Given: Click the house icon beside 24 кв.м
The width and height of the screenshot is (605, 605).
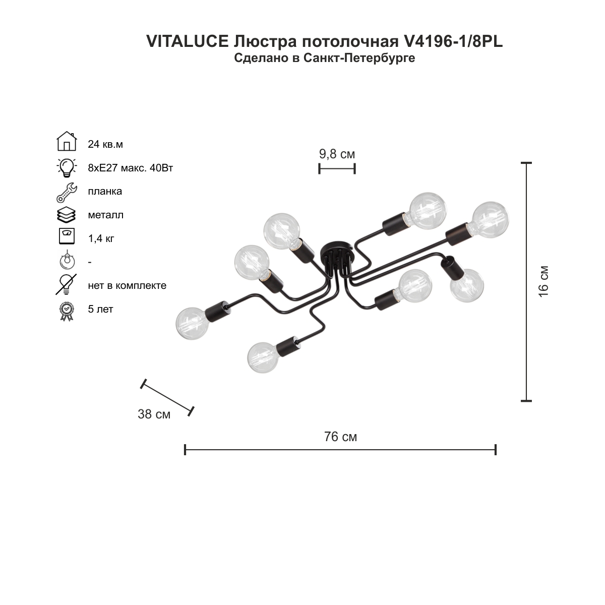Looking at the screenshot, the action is point(67,141).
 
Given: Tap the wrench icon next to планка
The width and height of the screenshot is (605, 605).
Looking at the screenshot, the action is point(67,193).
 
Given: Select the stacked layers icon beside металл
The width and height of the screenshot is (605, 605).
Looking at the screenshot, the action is point(66,215).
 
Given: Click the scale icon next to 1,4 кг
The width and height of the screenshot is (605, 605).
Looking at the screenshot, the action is point(67,236).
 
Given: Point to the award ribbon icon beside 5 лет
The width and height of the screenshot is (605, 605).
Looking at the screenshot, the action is point(67,312).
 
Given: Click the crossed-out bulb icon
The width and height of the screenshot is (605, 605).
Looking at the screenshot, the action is point(66,285).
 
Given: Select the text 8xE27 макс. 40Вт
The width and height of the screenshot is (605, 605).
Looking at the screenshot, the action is point(130,168).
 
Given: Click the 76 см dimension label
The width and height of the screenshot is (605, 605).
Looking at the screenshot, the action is point(340,437).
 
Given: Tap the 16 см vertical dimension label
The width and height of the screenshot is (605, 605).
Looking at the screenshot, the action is point(543,281).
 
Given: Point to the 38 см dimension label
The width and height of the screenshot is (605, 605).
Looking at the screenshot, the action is point(154,414).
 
